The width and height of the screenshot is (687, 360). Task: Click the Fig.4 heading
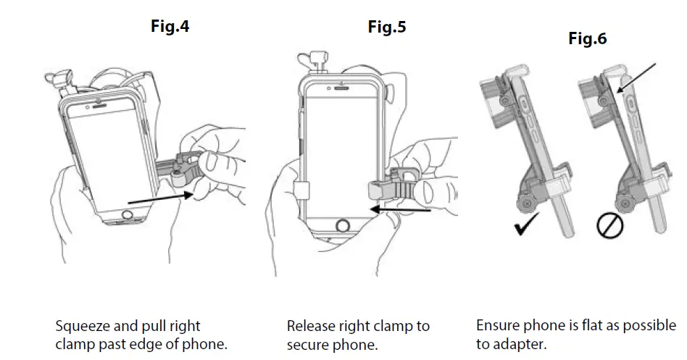(170, 27)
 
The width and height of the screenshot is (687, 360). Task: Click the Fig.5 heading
(386, 27)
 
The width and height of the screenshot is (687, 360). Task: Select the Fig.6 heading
(587, 39)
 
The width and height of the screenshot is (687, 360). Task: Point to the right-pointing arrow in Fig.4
(160, 198)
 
